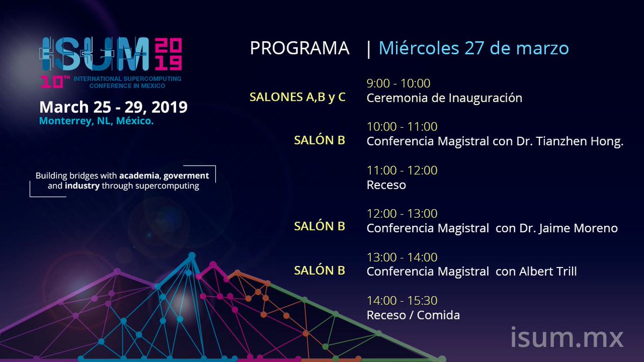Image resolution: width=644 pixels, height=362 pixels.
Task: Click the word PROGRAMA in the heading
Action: (x=299, y=48)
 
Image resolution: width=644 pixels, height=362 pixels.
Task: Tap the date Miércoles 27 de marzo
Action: (x=473, y=48)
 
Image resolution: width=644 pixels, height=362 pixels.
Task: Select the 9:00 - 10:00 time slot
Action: (x=398, y=83)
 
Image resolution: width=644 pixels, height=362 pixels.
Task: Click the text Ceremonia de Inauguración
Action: (x=444, y=98)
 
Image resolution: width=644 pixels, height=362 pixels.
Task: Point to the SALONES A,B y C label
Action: (x=297, y=98)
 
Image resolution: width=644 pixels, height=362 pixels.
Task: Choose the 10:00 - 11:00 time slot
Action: (x=402, y=127)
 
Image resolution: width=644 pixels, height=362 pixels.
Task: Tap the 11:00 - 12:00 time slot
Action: (x=402, y=171)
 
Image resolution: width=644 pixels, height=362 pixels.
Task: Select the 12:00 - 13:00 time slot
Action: (x=402, y=214)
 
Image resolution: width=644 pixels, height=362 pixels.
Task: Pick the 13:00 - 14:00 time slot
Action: (x=402, y=257)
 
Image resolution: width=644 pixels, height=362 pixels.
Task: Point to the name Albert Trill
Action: (x=547, y=272)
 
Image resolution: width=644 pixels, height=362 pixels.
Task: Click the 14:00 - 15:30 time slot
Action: (x=402, y=301)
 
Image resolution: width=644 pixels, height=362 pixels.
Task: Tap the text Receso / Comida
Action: (x=413, y=315)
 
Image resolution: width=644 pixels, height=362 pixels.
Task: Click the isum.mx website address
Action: (x=567, y=338)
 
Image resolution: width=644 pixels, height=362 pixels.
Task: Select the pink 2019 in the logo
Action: (x=167, y=55)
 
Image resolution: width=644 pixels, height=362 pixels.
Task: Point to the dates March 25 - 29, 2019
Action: (x=113, y=107)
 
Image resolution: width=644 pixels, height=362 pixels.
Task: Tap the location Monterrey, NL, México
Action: (x=97, y=121)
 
